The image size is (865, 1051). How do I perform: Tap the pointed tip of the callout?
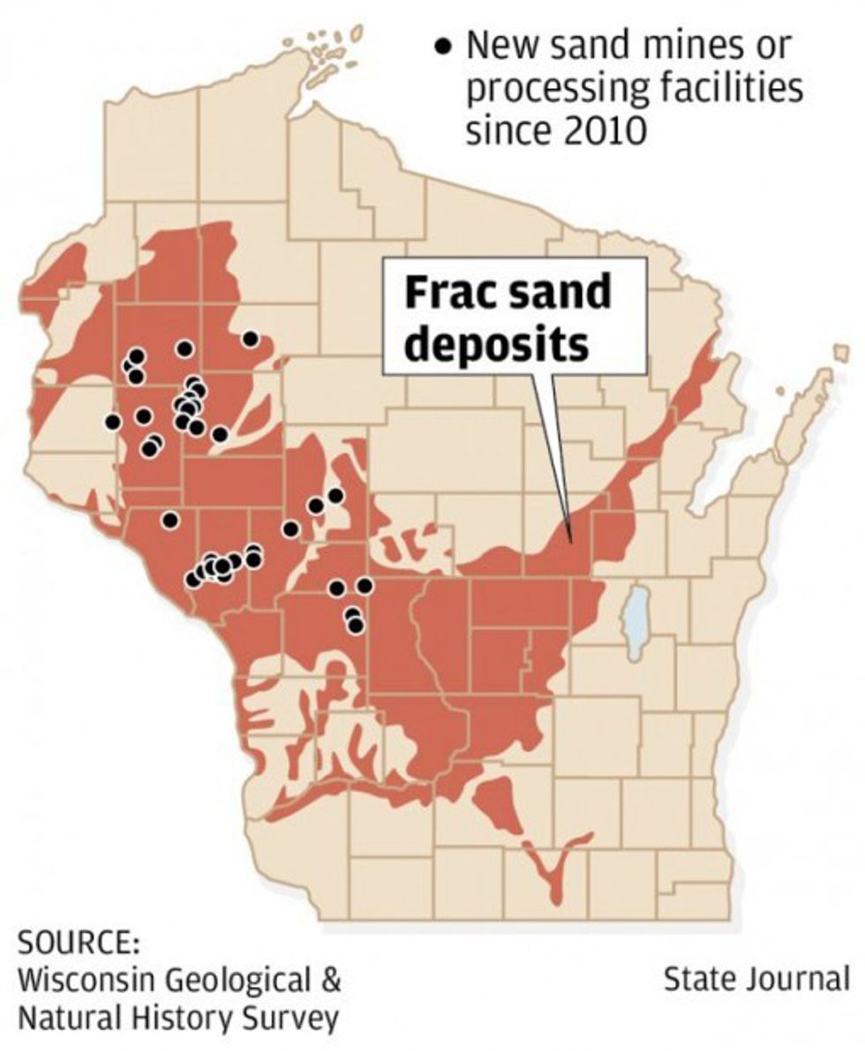click(x=572, y=541)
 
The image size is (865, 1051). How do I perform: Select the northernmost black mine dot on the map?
click(x=251, y=339)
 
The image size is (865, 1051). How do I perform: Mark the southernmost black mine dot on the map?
click(x=356, y=625)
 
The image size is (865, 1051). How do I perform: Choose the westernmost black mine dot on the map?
click(x=112, y=421)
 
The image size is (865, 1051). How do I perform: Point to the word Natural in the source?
click(x=69, y=1017)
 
